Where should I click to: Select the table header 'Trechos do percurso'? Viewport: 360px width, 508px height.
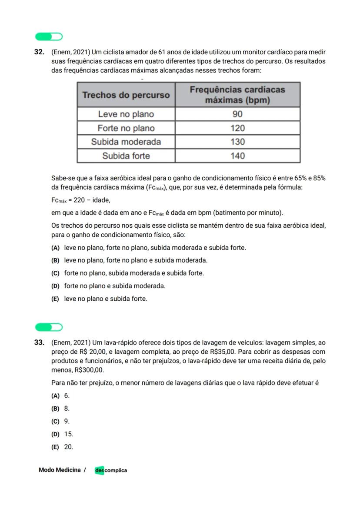pos(126,95)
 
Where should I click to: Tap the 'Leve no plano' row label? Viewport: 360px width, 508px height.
pos(126,114)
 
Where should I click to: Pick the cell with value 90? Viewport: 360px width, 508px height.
pos(237,114)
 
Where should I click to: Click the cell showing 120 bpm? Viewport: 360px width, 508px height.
pos(237,128)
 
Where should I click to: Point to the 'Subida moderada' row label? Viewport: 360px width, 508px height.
pos(126,142)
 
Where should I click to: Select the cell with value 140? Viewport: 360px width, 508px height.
pos(237,156)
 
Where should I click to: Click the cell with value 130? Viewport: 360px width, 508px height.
pos(237,142)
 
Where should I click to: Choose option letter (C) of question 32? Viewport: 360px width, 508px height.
pos(55,273)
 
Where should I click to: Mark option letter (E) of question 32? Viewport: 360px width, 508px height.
pos(55,299)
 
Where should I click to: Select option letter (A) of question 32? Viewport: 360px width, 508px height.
pos(55,248)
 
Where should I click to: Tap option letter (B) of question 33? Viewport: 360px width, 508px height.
pos(55,408)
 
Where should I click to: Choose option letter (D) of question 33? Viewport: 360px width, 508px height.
pos(55,434)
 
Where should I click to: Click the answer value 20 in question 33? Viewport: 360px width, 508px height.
pos(69,447)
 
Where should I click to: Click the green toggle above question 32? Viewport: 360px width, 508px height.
pos(49,37)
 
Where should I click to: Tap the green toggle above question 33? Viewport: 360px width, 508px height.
pos(49,327)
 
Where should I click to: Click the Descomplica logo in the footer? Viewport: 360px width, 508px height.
pos(111,470)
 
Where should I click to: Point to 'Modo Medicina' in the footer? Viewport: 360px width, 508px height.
pos(60,470)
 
